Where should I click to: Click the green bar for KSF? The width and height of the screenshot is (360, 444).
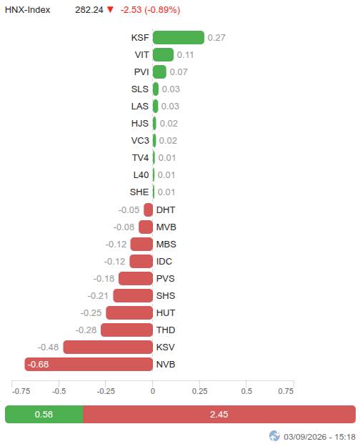click(179, 38)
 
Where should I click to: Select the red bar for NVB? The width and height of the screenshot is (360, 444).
click(89, 364)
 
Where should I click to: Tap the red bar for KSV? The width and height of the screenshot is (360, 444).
click(108, 347)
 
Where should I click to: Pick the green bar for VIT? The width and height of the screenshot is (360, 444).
click(163, 54)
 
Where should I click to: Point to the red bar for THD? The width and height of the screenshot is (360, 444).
click(126, 330)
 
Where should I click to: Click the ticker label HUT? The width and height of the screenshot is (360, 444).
click(166, 313)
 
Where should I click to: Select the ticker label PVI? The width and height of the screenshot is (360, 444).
click(141, 72)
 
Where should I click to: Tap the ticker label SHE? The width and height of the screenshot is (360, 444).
click(139, 192)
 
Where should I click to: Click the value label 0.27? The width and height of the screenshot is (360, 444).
click(216, 38)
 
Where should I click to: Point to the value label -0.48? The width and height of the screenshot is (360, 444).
click(48, 347)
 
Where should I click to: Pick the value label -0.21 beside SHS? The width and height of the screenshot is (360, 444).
click(98, 296)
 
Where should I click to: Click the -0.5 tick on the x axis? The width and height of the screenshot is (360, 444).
click(59, 391)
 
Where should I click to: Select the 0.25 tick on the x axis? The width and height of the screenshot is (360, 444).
click(200, 391)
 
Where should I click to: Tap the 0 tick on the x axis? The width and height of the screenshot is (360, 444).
click(153, 391)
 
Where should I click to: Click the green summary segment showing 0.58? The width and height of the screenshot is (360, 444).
click(44, 414)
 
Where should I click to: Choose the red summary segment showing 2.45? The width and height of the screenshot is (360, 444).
click(219, 414)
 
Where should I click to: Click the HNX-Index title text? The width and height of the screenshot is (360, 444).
click(27, 10)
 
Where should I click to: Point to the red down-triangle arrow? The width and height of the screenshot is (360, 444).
click(110, 9)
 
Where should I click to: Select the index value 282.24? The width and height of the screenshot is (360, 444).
click(89, 10)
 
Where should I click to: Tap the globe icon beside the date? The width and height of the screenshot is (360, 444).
click(274, 436)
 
